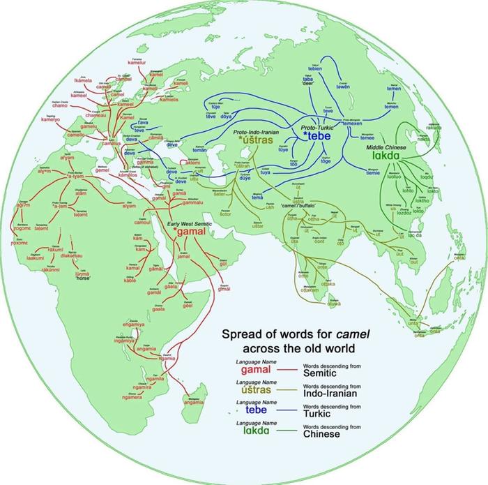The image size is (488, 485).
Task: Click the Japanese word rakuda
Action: tap(434, 128)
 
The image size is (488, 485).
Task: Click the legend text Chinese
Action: tap(321, 434)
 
